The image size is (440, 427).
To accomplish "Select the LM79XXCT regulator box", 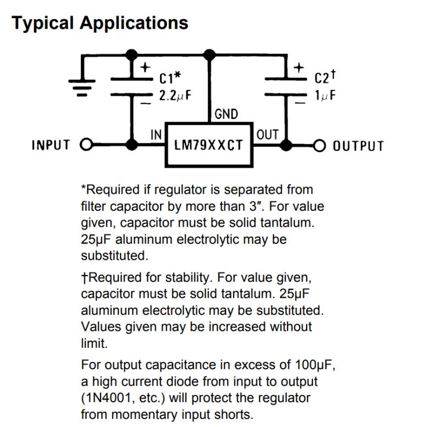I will tap(208, 145).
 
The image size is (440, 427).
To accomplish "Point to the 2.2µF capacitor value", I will tap(175, 95).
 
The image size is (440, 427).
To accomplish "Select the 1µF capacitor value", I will tap(325, 95).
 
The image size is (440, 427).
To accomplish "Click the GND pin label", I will tap(226, 114).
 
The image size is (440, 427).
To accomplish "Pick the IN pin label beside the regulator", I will tap(156, 134).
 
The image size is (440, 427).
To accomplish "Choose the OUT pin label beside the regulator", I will tap(267, 134).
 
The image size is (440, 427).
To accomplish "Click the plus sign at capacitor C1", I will tap(144, 68).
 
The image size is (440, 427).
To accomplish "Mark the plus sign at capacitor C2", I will tap(298, 68).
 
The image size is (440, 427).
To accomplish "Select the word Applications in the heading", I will tap(134, 23).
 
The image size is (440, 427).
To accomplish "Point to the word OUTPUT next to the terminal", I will tap(358, 146).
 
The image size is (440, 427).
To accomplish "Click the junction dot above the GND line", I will tap(208, 54).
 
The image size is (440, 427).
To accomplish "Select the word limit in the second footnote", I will tap(94, 343).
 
